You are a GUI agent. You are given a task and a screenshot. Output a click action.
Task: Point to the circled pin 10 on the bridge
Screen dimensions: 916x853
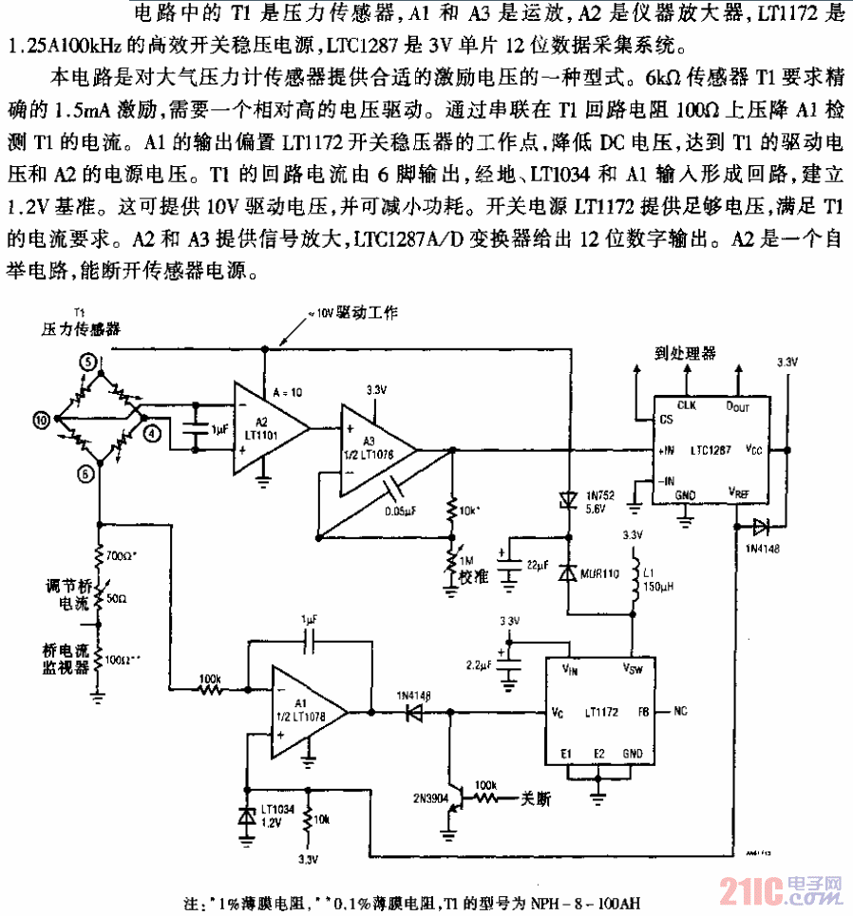click(x=41, y=418)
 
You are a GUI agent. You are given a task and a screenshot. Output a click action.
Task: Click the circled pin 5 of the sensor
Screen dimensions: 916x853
click(x=87, y=361)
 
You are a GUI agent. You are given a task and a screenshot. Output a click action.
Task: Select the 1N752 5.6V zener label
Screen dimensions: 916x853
click(x=600, y=502)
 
